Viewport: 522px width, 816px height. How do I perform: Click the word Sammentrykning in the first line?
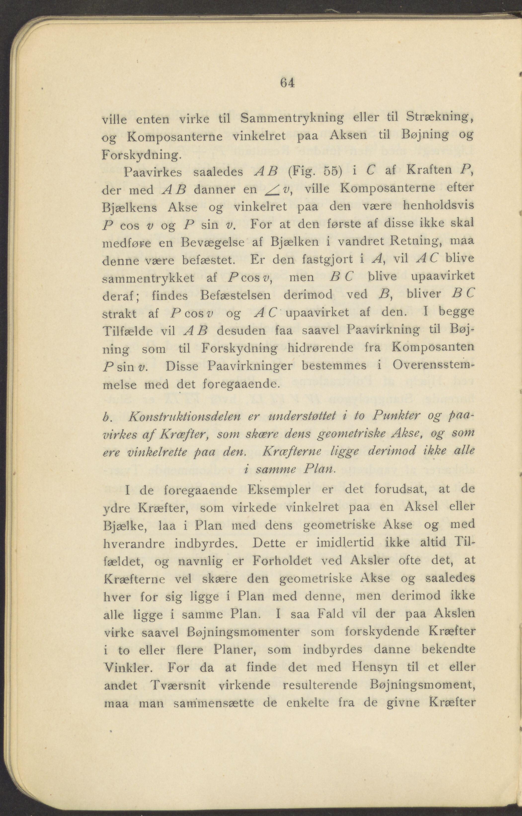(x=292, y=119)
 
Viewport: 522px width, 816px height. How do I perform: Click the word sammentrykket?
(x=148, y=278)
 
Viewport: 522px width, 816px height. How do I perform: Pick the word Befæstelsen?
(x=236, y=295)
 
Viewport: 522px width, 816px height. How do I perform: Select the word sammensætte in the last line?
(x=218, y=703)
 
